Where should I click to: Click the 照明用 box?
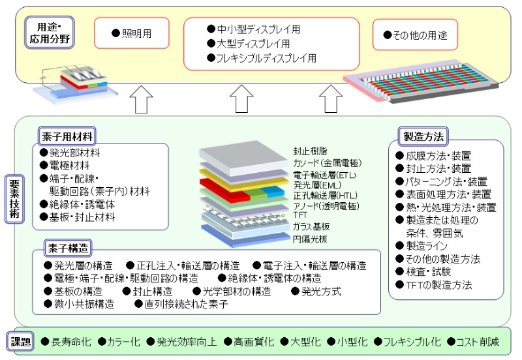point(132,33)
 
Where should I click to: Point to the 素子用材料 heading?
point(67,136)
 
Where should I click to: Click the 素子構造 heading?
point(67,248)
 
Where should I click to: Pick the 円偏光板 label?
point(311,239)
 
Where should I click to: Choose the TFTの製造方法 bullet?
point(438,285)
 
